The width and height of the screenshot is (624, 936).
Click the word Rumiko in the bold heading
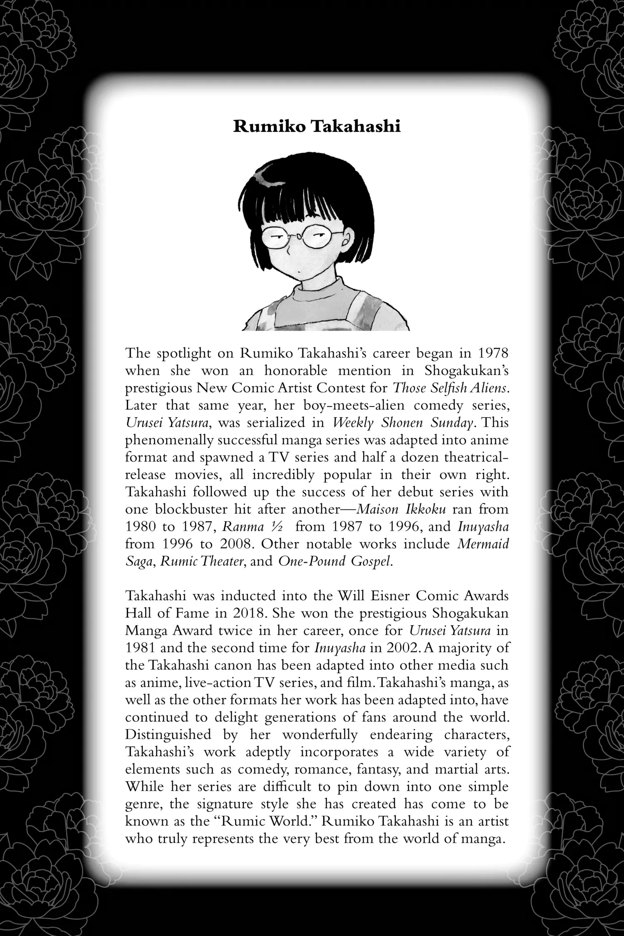tap(270, 126)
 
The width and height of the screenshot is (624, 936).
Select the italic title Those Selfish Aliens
tap(451, 388)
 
